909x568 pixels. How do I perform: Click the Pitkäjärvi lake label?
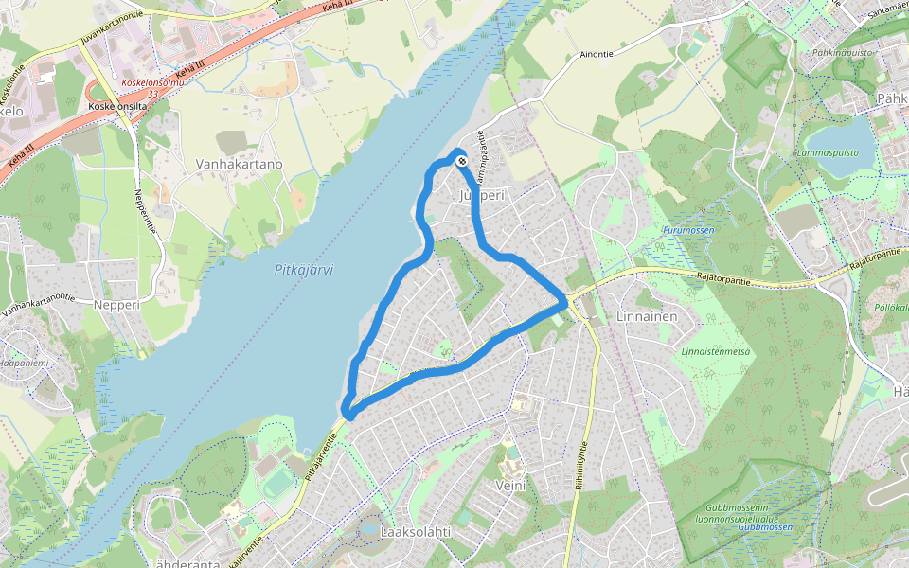304,270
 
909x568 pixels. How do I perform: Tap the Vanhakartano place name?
239,164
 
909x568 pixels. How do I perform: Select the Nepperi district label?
116,306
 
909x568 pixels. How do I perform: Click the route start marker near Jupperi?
461,162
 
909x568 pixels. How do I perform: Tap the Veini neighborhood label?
509,485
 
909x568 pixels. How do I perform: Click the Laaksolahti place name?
414,532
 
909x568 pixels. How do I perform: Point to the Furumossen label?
688,230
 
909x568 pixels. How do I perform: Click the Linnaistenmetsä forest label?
715,351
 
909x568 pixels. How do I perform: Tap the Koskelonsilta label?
116,106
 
